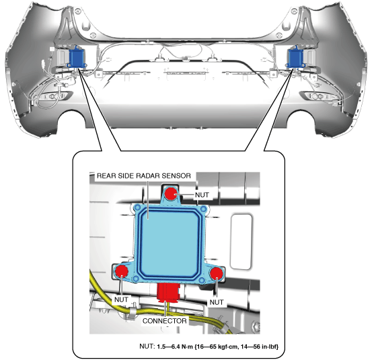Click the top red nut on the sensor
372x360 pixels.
point(172,193)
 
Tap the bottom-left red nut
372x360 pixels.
point(121,271)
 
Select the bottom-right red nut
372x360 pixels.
point(216,273)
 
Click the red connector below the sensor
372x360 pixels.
point(169,293)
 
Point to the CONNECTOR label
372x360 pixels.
point(164,321)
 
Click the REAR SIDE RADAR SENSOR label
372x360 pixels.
point(144,176)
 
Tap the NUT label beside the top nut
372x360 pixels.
point(202,195)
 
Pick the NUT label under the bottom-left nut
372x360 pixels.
point(121,299)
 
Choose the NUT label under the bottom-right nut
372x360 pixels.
point(217,302)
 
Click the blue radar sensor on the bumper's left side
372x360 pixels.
point(77,57)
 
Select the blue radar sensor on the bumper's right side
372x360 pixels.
point(295,57)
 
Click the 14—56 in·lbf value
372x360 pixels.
point(260,347)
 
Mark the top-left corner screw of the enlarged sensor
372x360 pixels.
point(137,208)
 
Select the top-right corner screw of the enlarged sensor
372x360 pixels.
point(203,209)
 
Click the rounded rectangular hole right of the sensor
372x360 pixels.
point(241,242)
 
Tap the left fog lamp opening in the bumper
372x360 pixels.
point(54,96)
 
